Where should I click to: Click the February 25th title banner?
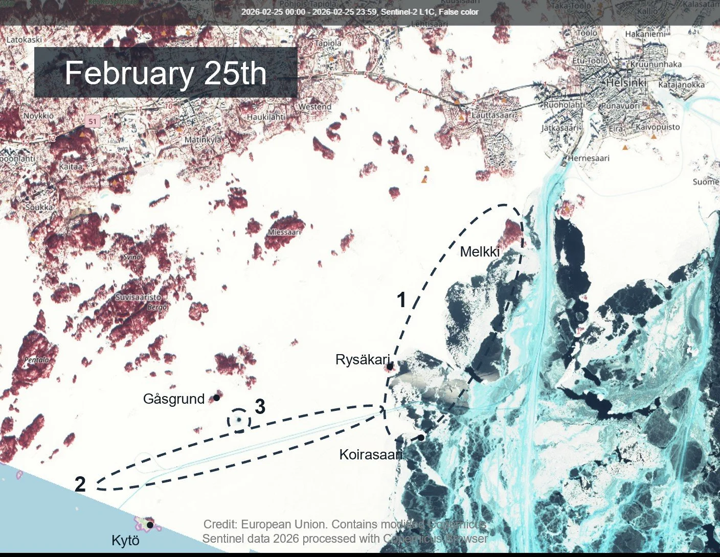(x=166, y=73)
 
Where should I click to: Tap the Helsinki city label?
(x=626, y=82)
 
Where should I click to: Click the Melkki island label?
(x=480, y=251)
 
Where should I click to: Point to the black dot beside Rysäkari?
(x=390, y=366)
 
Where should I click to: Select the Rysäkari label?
(x=362, y=359)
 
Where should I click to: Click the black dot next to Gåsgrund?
(x=216, y=397)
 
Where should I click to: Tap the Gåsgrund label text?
(x=174, y=399)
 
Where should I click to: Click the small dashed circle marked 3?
(x=239, y=421)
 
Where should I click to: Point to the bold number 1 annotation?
(x=402, y=300)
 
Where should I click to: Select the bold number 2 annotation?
(x=80, y=484)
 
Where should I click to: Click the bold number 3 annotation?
(x=260, y=407)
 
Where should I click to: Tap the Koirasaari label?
(x=371, y=454)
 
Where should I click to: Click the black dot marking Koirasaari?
(x=421, y=437)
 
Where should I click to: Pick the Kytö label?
(x=125, y=541)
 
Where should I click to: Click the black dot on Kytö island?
(x=150, y=524)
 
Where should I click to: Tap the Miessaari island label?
(x=284, y=232)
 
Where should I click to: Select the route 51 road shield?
(x=92, y=121)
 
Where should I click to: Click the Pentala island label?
(x=37, y=360)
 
